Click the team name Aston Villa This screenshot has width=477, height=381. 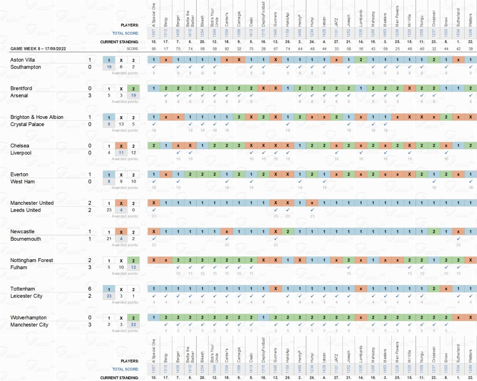[x=23, y=60]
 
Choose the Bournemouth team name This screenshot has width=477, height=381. [x=26, y=239]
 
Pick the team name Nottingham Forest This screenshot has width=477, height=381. [x=32, y=260]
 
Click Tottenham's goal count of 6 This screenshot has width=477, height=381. [x=89, y=289]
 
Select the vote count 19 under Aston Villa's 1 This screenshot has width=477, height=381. [x=109, y=67]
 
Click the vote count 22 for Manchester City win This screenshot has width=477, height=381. [x=134, y=325]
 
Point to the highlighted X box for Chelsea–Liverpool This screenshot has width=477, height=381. [x=121, y=146]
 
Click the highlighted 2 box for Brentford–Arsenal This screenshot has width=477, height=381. [x=134, y=89]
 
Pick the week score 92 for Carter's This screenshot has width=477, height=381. [x=226, y=48]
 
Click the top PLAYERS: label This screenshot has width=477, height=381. [x=129, y=25]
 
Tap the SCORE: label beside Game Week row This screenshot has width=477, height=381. [x=133, y=48]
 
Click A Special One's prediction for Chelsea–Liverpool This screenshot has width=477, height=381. [x=153, y=146]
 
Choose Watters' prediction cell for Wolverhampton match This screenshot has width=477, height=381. [x=470, y=318]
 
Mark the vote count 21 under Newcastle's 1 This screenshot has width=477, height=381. [x=109, y=239]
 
